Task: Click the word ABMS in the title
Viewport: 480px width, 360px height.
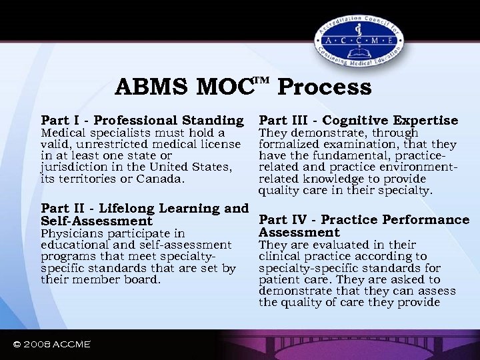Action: tap(151, 87)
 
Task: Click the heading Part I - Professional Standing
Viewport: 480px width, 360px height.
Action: tap(142, 121)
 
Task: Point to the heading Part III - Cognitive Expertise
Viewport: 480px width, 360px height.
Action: tap(358, 121)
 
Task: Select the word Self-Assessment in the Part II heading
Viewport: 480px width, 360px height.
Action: tap(97, 221)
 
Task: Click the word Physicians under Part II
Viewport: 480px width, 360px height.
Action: tap(70, 234)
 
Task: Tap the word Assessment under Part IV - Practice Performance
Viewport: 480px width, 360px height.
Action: tap(299, 233)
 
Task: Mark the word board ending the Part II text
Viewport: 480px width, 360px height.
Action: tap(143, 279)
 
